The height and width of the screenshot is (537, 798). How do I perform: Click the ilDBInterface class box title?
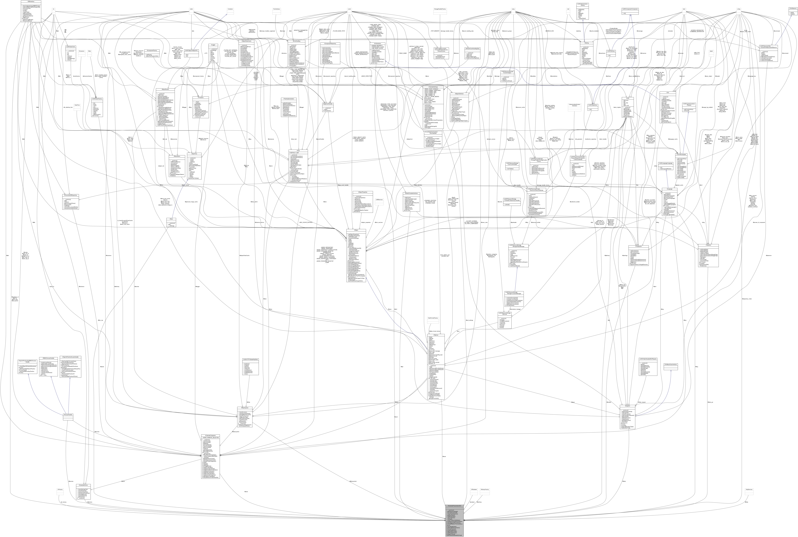click(31, 2)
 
